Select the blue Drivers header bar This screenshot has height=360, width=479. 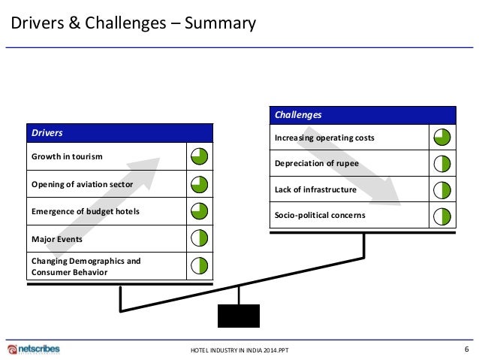(119, 133)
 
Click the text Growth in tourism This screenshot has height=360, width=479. (67, 156)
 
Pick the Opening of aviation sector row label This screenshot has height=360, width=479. (83, 184)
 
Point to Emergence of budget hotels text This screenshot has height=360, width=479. (86, 211)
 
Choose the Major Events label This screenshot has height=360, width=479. (57, 238)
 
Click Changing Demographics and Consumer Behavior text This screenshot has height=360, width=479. (86, 266)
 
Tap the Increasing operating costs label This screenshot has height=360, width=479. (324, 138)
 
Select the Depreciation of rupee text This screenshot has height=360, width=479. (317, 163)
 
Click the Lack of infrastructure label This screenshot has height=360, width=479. (315, 189)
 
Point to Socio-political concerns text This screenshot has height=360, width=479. (320, 216)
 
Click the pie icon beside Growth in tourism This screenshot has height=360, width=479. (200, 156)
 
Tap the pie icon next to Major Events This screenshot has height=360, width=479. (200, 238)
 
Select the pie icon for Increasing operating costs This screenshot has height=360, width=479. (442, 138)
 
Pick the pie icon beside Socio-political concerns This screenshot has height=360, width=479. (442, 216)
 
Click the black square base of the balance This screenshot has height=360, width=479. (239, 316)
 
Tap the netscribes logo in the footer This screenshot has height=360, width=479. (34, 349)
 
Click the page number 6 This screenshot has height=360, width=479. (466, 349)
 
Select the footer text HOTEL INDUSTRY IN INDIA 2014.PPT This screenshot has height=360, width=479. (239, 351)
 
